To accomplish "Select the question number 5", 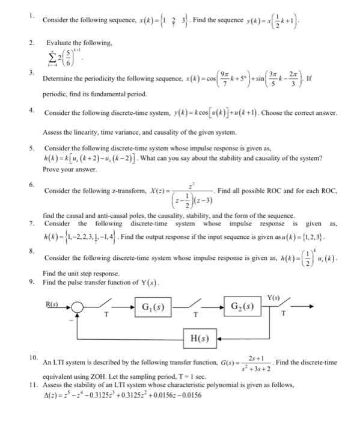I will pyautogui.click(x=31, y=147).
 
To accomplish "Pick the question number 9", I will pyautogui.click(x=31, y=282).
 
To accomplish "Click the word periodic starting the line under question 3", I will pyautogui.click(x=57, y=96).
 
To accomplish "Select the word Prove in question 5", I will pyautogui.click(x=53, y=169).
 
